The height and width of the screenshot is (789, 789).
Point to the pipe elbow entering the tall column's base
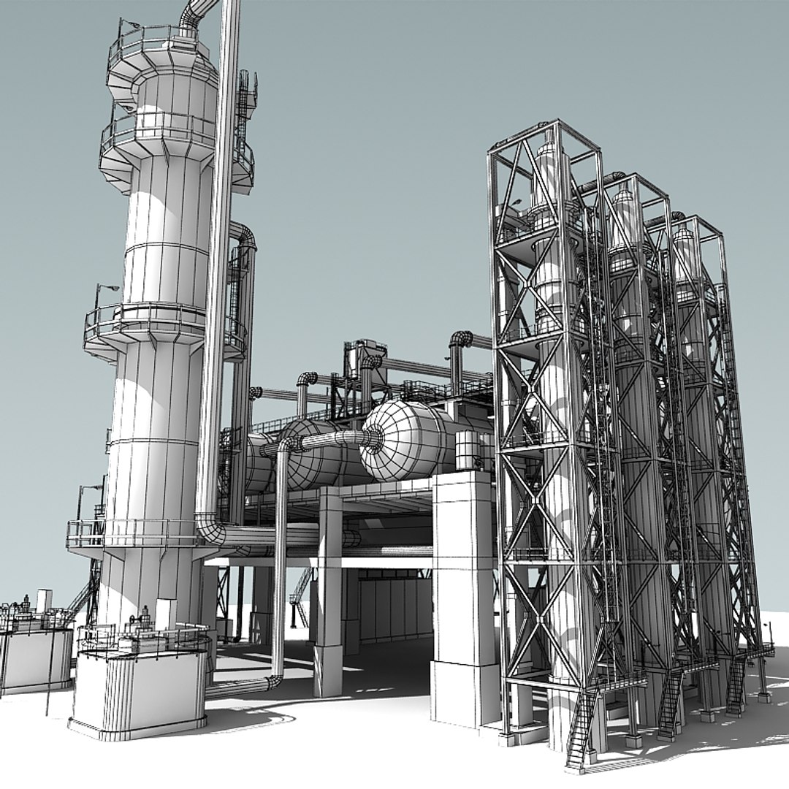pyautogui.click(x=210, y=527)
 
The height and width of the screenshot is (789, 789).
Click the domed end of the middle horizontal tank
pyautogui.click(x=307, y=457)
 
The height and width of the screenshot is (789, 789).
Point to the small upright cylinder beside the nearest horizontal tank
pyautogui.click(x=466, y=449)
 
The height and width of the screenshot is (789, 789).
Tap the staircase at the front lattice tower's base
pyautogui.click(x=581, y=731)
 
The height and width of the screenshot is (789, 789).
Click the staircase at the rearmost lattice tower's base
pyautogui.click(x=735, y=687)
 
